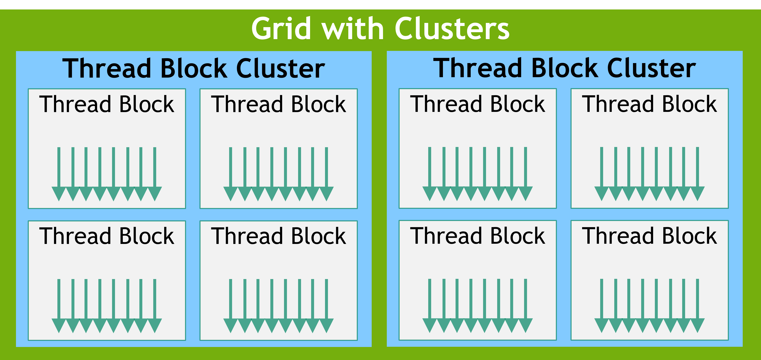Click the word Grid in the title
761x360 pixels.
tap(281, 28)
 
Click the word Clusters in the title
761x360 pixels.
tap(452, 28)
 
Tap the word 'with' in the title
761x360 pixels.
tap(353, 28)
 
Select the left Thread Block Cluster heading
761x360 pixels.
tap(193, 69)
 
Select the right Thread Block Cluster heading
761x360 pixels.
tap(564, 69)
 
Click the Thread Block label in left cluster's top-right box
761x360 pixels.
tap(278, 104)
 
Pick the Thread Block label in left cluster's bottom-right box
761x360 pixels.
tap(278, 236)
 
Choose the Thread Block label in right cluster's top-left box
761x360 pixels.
tap(477, 104)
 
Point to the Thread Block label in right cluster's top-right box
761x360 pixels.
tap(649, 104)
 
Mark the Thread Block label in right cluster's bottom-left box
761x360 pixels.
tap(477, 236)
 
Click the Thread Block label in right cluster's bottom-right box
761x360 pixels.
tap(649, 236)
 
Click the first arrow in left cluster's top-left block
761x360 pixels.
tap(59, 174)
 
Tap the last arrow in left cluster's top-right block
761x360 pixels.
tap(326, 174)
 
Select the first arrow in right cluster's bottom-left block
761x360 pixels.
tap(429, 306)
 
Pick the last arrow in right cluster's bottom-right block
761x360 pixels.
tap(698, 306)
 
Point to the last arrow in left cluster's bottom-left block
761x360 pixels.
tap(155, 306)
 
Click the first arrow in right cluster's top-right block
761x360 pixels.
tap(601, 174)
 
